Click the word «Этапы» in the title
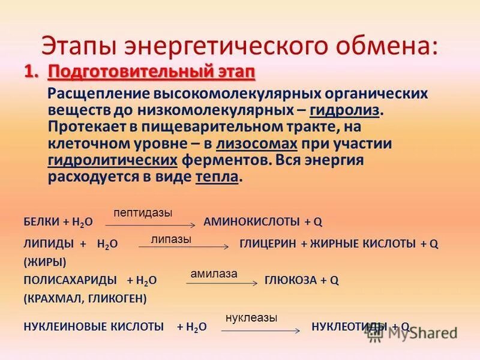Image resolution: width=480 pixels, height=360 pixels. [x=77, y=46]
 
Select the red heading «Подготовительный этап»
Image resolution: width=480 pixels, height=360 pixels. [x=152, y=73]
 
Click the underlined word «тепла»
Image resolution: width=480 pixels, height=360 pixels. [x=217, y=178]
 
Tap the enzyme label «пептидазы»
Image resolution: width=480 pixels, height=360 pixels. [x=143, y=213]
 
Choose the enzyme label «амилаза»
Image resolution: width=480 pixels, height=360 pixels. [x=214, y=274]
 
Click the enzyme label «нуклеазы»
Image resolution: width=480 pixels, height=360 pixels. [x=251, y=318]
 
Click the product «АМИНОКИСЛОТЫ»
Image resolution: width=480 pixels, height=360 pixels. [x=251, y=222]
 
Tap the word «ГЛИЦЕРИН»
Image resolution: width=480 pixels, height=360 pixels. [x=268, y=244]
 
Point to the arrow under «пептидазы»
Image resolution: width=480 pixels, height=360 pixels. [x=151, y=224]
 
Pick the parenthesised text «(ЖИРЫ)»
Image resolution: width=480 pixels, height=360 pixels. [x=44, y=262]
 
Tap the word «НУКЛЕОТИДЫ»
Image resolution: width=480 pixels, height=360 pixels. [x=349, y=326]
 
